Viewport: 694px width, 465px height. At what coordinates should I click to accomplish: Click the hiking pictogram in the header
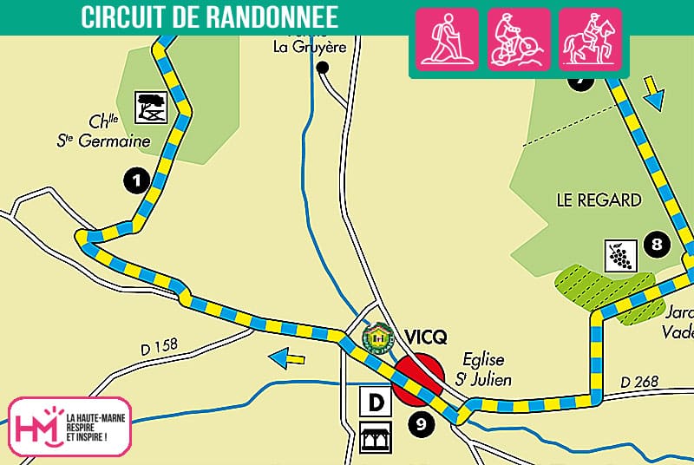coord(447,39)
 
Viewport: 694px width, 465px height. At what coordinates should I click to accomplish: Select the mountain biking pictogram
coord(518,39)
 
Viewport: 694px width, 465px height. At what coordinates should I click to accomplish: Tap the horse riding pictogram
coord(589,39)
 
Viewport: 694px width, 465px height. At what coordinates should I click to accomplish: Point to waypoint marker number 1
coord(135,180)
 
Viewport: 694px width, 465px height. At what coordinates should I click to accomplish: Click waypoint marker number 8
coord(657,245)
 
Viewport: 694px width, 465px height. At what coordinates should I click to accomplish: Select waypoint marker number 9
coord(421,424)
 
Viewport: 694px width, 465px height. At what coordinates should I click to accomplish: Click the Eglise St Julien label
coord(483,369)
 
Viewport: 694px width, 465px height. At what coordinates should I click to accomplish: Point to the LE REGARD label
coord(599,200)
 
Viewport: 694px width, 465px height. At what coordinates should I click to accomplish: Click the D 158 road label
coord(158,346)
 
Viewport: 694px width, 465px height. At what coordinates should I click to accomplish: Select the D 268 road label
coord(640,382)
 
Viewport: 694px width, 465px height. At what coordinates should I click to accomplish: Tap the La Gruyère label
coord(304,47)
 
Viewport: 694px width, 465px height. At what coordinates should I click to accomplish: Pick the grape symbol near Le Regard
coord(619,254)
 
